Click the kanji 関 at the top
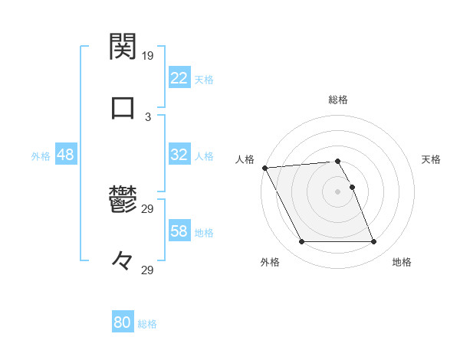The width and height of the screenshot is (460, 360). pyautogui.click(x=123, y=47)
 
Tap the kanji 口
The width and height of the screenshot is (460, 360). pyautogui.click(x=123, y=108)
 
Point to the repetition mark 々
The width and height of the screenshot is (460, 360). pyautogui.click(x=123, y=262)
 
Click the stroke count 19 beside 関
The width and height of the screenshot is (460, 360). pyautogui.click(x=148, y=55)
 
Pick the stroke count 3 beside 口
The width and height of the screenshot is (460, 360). pyautogui.click(x=148, y=116)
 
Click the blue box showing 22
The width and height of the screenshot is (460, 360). pyautogui.click(x=179, y=78)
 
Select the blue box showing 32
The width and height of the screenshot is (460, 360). pyautogui.click(x=179, y=155)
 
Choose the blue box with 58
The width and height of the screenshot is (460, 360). pyautogui.click(x=179, y=231)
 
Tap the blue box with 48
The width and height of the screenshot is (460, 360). pyautogui.click(x=65, y=155)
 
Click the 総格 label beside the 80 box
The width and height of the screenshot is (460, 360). pyautogui.click(x=147, y=324)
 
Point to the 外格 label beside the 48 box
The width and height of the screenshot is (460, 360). pyautogui.click(x=41, y=156)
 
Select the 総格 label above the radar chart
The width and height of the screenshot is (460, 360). pyautogui.click(x=337, y=100)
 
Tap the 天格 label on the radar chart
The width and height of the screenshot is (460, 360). pyautogui.click(x=431, y=159)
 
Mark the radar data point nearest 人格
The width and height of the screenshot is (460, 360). pyautogui.click(x=264, y=168)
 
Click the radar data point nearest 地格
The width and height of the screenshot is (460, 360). pyautogui.click(x=374, y=242)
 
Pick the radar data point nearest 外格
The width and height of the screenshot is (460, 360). pyautogui.click(x=301, y=242)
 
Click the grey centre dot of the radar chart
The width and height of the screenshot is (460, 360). pyautogui.click(x=337, y=191)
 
